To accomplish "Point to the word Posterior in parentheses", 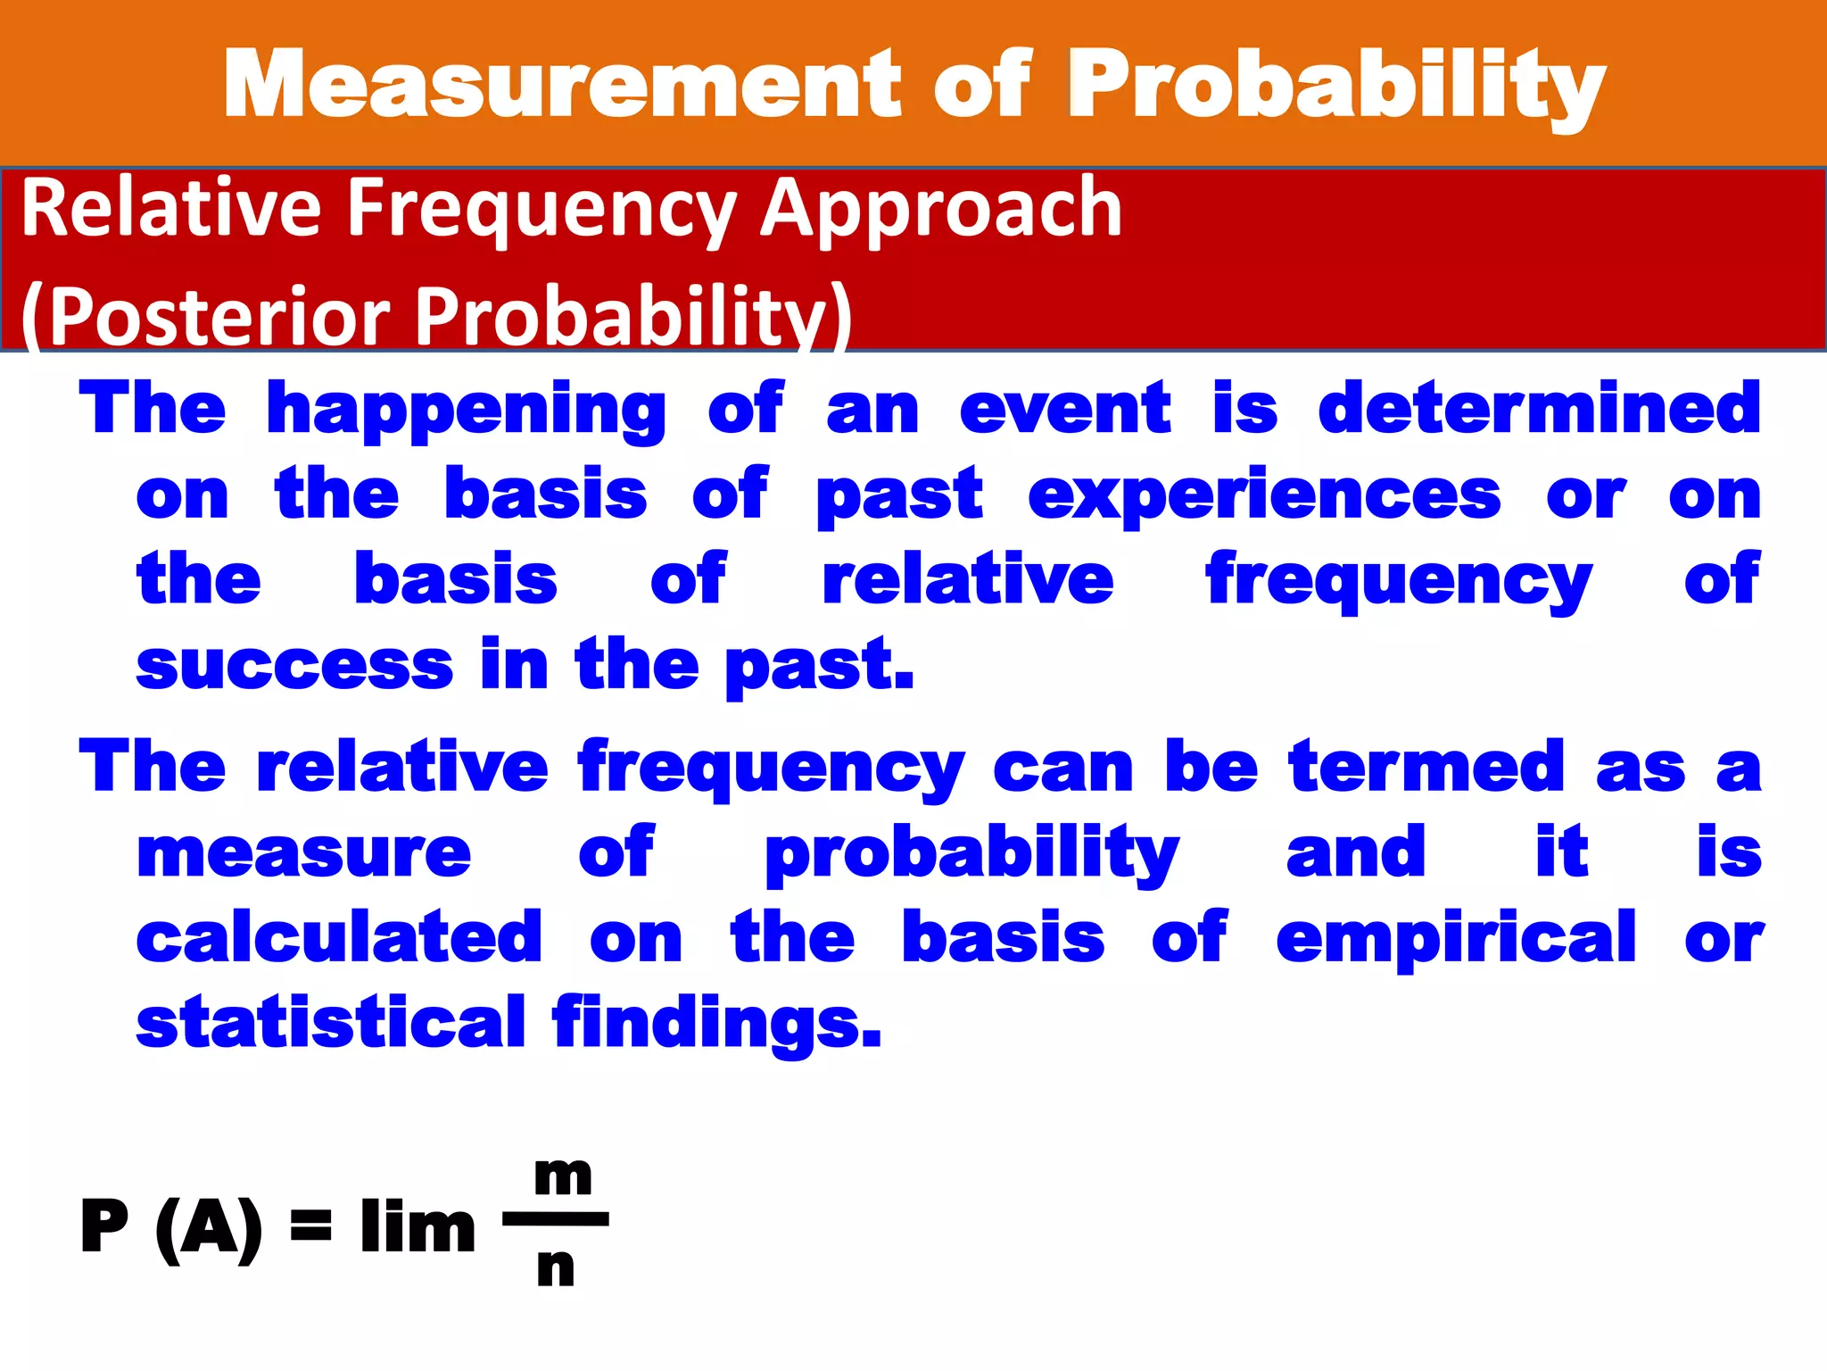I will [219, 317].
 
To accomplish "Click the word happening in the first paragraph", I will [466, 409].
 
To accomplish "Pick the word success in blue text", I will [294, 666].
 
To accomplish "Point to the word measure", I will [303, 853].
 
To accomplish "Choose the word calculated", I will [339, 937].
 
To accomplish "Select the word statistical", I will [330, 1021].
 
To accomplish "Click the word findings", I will [716, 1023].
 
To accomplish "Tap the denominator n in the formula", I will [556, 1267].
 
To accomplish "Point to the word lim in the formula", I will [417, 1226].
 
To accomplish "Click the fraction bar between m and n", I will [556, 1218].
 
